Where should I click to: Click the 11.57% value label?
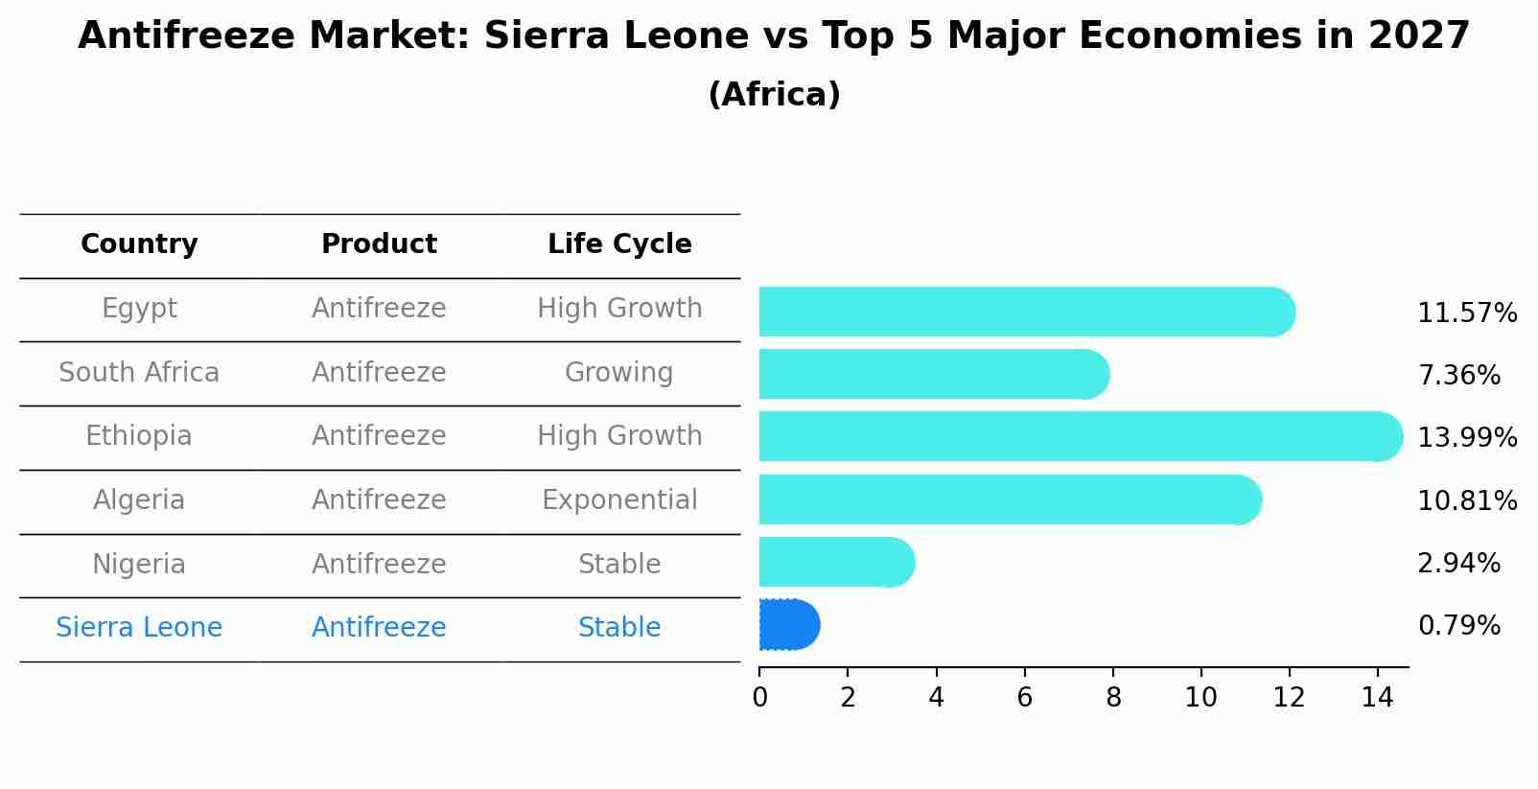[x=1466, y=313]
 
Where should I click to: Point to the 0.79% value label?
[x=1458, y=626]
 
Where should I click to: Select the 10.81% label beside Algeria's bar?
[x=1466, y=500]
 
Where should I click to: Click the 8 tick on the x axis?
[x=1112, y=698]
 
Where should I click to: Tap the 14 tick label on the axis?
[x=1377, y=698]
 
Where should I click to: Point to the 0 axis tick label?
[x=759, y=698]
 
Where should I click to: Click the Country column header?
[x=139, y=244]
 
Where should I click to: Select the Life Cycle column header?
[x=619, y=244]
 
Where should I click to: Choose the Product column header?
[x=379, y=244]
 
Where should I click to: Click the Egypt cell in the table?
[x=139, y=309]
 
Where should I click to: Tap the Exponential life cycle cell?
[x=619, y=500]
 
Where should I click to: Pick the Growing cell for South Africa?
[x=618, y=373]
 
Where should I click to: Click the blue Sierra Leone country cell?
[x=139, y=628]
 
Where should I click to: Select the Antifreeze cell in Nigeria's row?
[x=379, y=565]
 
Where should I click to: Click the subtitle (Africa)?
[x=774, y=95]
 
